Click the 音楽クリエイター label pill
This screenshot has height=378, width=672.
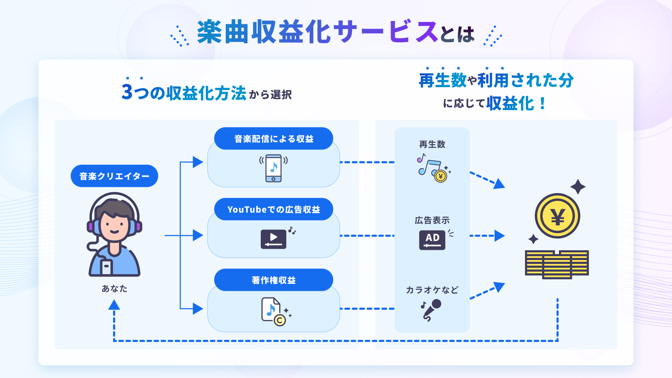114,176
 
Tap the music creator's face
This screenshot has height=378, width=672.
114,226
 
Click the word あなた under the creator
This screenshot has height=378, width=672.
114,288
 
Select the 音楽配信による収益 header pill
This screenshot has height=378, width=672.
274,139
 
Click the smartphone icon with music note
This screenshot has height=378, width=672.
274,168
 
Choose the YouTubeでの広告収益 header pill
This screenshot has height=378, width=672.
274,209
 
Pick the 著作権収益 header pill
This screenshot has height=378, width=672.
274,280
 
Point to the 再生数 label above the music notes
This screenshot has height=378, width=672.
432,144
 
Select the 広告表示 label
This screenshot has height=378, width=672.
432,220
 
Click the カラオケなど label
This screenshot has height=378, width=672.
432,290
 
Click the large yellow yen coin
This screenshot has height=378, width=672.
558,216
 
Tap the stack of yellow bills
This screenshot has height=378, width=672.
557,265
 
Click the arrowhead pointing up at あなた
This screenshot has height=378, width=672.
114,305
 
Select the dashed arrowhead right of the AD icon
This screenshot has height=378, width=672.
500,236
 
